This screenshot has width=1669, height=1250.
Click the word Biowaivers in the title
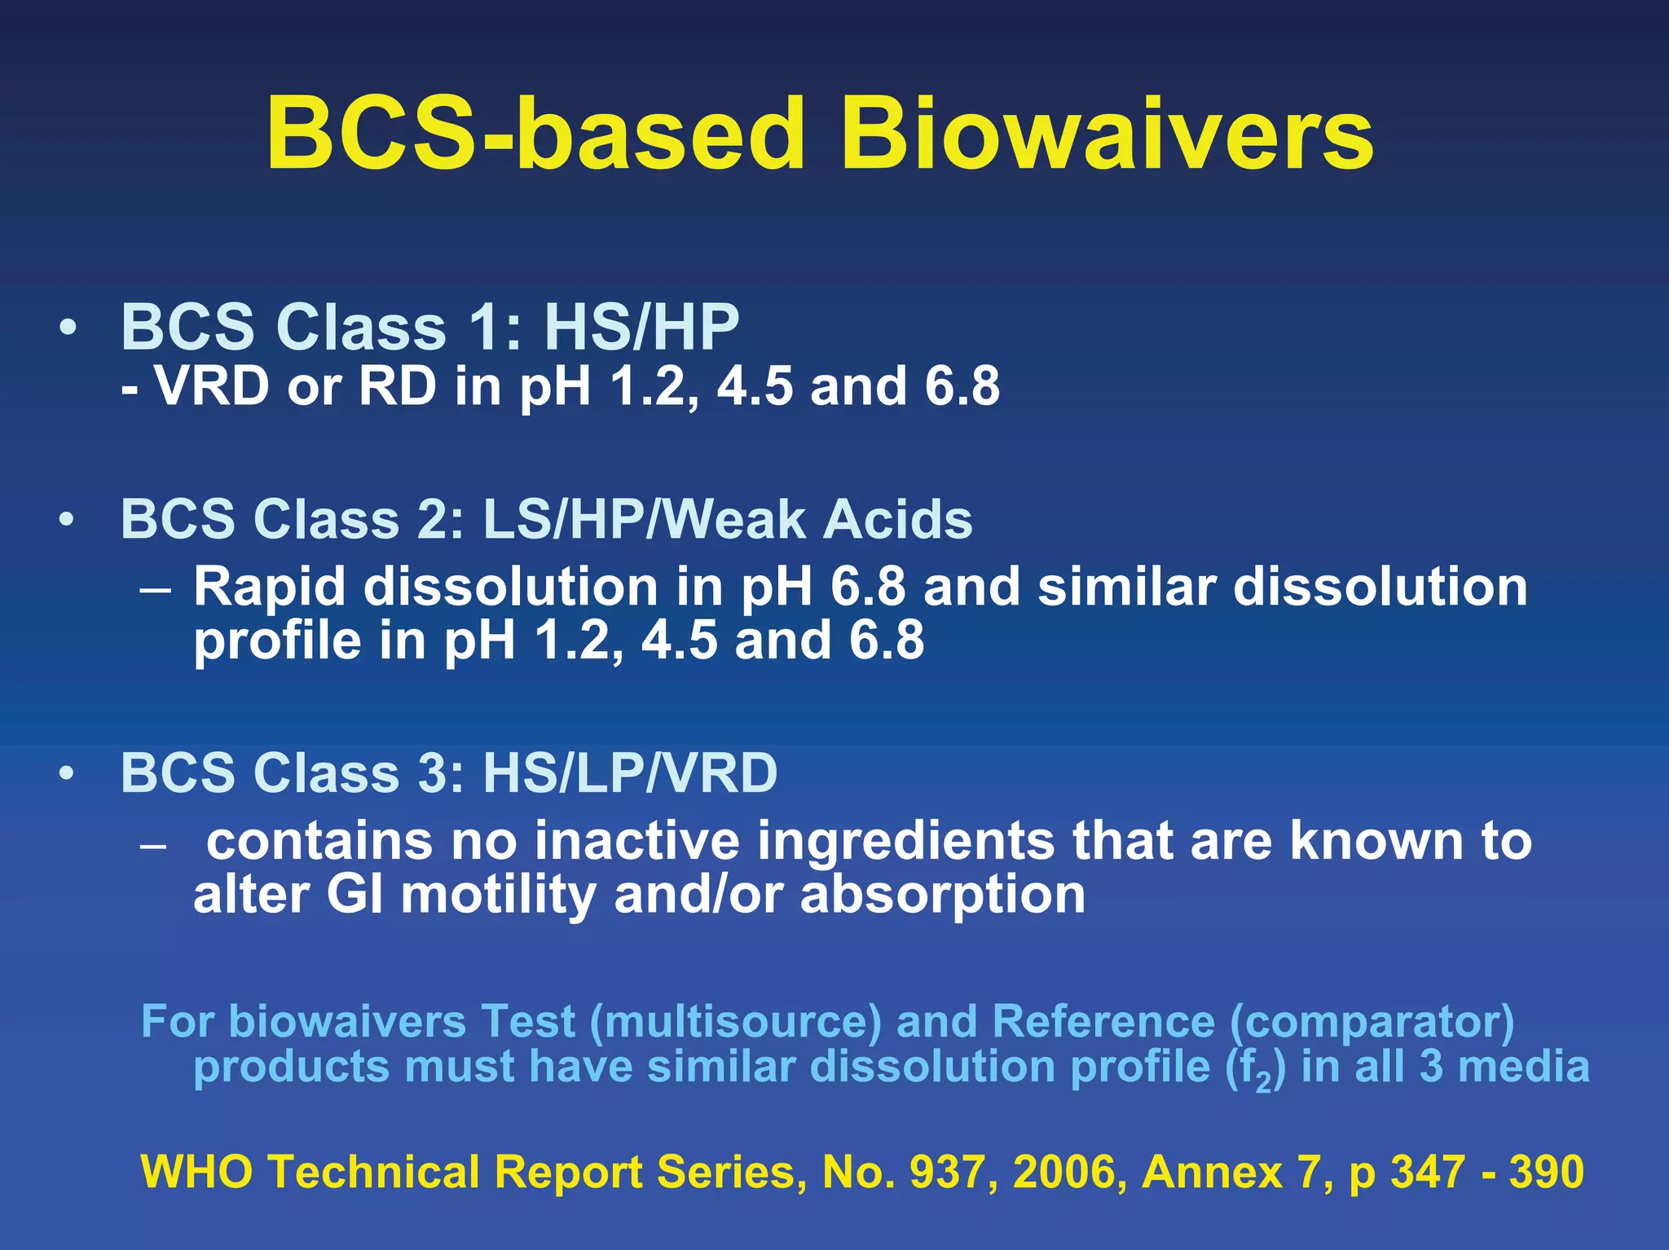coord(1107,134)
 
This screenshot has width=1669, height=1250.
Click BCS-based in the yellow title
coord(535,134)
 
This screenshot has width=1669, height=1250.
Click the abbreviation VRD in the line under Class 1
coord(212,386)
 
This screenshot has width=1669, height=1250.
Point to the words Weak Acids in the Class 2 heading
coord(819,519)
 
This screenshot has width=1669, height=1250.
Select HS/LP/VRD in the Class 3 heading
coord(630,772)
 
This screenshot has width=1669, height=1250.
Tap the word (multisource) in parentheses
coord(735,1022)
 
